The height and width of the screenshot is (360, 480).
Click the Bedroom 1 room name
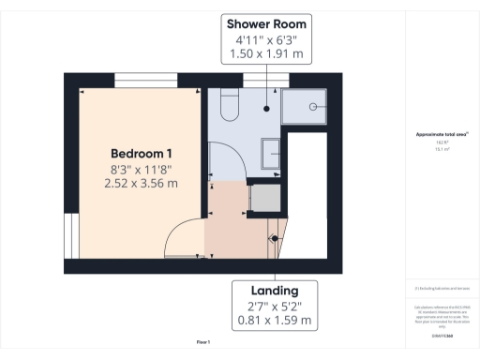pos(141,153)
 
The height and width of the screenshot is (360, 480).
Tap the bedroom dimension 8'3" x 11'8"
pos(141,169)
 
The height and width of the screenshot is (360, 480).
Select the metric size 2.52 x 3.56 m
pos(141,184)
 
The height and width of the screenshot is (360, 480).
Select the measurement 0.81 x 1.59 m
pos(272,320)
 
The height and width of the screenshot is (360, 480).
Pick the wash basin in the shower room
pos(270,151)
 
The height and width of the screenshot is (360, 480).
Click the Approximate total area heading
pos(442,134)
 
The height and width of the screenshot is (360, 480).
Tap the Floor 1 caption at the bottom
pos(203,342)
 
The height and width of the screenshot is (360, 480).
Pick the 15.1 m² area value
pos(441,147)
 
